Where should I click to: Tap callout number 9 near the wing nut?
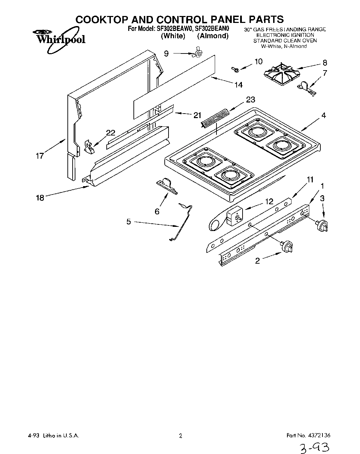coord(166,53)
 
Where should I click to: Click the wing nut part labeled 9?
coord(198,53)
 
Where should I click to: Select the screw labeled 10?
coord(236,70)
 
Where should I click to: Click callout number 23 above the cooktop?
coord(251,100)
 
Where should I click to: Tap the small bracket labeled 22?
coord(89,147)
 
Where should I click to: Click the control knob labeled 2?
coord(288,247)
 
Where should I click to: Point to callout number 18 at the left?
coord(40,198)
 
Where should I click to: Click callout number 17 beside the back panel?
coord(40,156)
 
